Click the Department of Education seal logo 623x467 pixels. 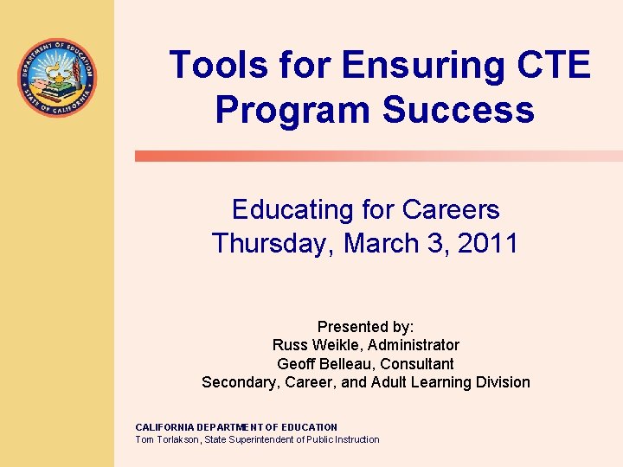pos(58,79)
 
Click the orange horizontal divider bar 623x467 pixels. pos(378,157)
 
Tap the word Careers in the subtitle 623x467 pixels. pos(451,210)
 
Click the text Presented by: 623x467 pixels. pos(365,327)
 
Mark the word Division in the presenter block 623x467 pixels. pos(501,382)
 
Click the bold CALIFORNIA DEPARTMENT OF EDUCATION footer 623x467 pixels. pos(236,427)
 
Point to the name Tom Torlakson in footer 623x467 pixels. pos(167,439)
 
